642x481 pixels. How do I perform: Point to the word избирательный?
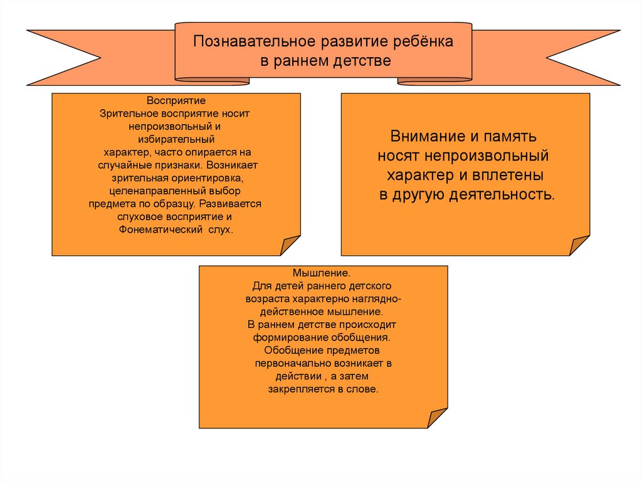coord(176,139)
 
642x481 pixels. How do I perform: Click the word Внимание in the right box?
coord(424,136)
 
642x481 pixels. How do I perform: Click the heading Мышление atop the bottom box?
coord(322,273)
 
